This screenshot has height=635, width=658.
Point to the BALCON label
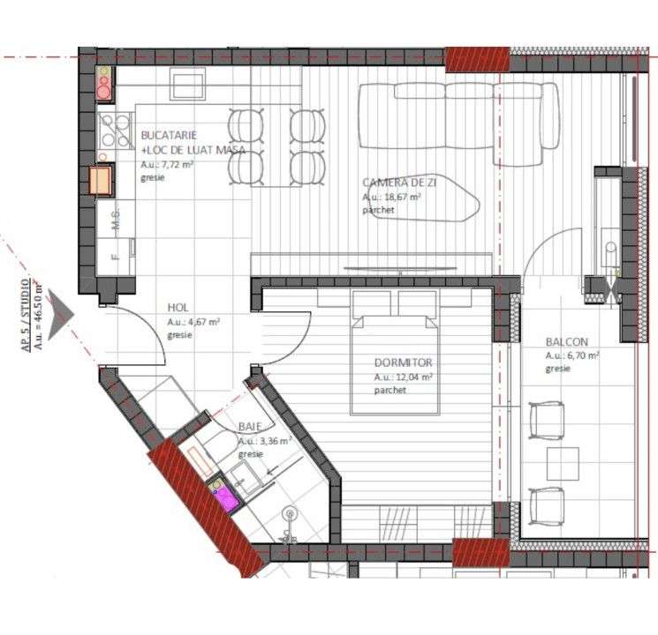(x=566, y=342)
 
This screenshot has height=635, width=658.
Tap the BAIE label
(x=250, y=427)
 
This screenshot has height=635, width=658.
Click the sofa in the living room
(x=458, y=123)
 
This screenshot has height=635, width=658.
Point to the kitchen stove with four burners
(x=114, y=130)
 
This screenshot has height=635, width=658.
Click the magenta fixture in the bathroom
(x=227, y=497)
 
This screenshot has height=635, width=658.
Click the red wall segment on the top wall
(x=476, y=58)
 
